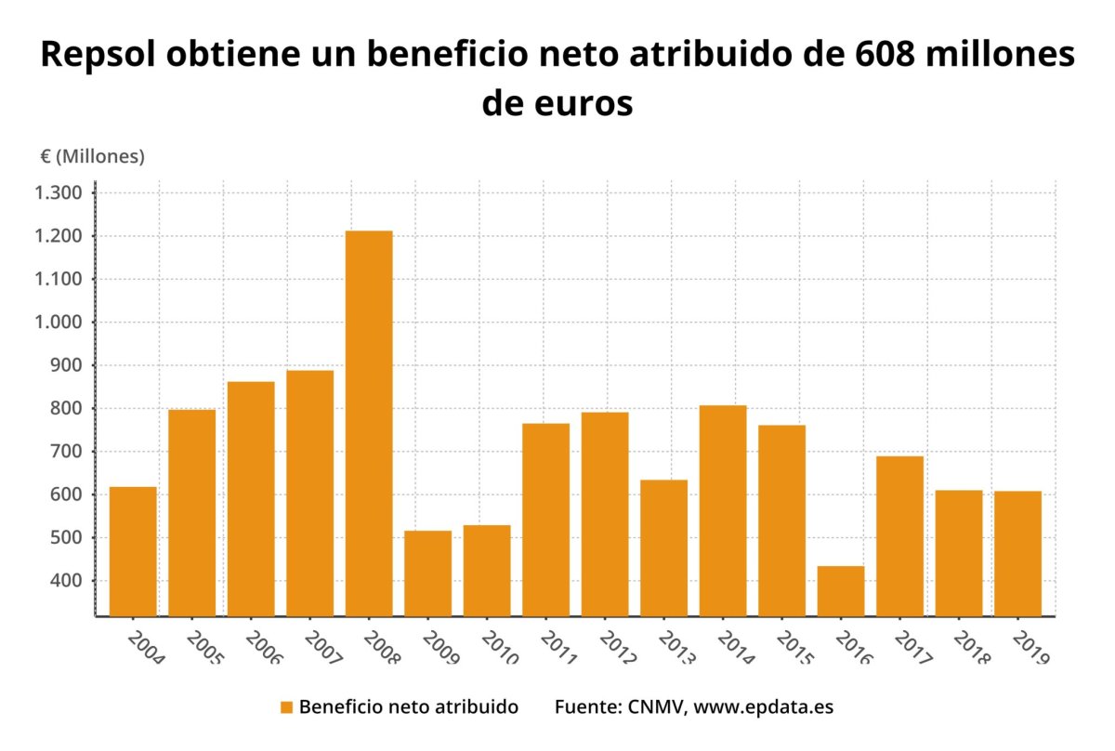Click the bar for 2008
tap(369, 423)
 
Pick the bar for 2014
tap(723, 510)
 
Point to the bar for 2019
tap(1017, 553)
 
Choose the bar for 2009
tap(427, 573)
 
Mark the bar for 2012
tap(605, 514)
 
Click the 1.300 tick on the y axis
tap(59, 193)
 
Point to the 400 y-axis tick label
tap(68, 581)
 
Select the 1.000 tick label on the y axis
tap(59, 323)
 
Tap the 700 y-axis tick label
tap(68, 452)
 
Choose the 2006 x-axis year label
tap(263, 648)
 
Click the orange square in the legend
tap(286, 707)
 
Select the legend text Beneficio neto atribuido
tap(409, 707)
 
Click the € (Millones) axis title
tap(92, 157)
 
